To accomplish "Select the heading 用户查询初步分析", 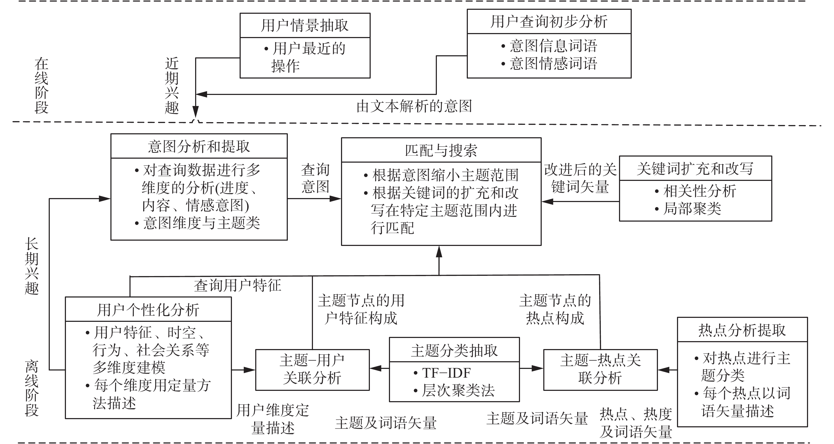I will point(549,22).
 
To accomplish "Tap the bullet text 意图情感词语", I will point(553,63).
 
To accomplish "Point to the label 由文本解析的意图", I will point(414,106).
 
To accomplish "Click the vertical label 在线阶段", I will point(42,86).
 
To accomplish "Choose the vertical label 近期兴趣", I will point(172,86).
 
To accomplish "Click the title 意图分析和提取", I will point(199,147).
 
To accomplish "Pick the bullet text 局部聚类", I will point(692,209).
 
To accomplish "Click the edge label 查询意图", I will point(315,178).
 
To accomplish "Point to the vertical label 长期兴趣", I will point(32,266).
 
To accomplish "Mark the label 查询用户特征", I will point(237,286).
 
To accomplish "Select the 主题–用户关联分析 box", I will point(312,369).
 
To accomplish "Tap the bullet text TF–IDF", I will point(446,373).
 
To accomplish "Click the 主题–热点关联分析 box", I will point(600,369).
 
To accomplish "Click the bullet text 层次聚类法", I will point(458,391).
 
